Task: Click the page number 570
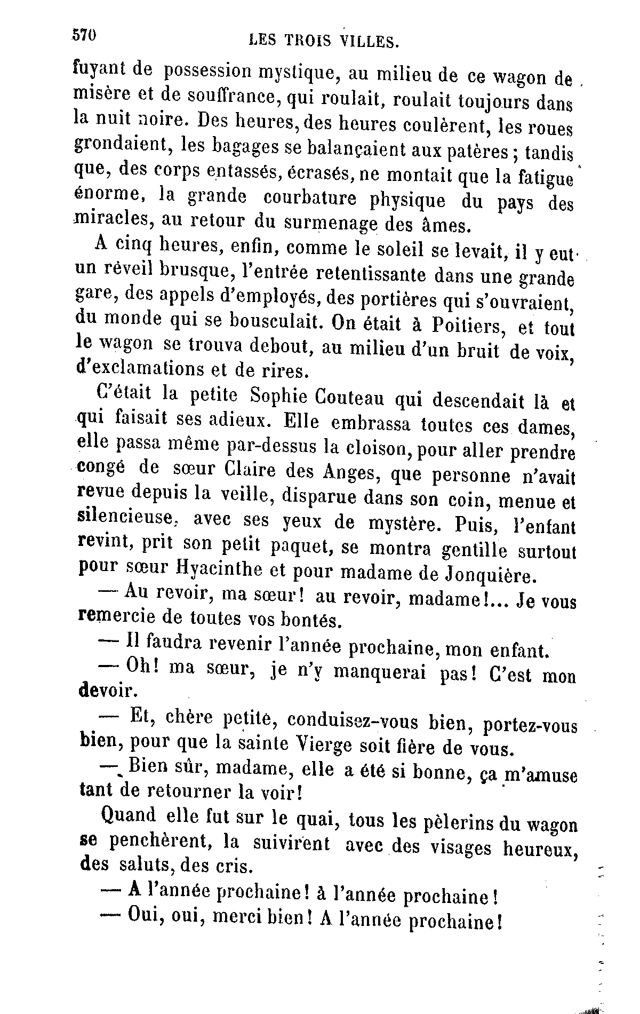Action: (84, 35)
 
